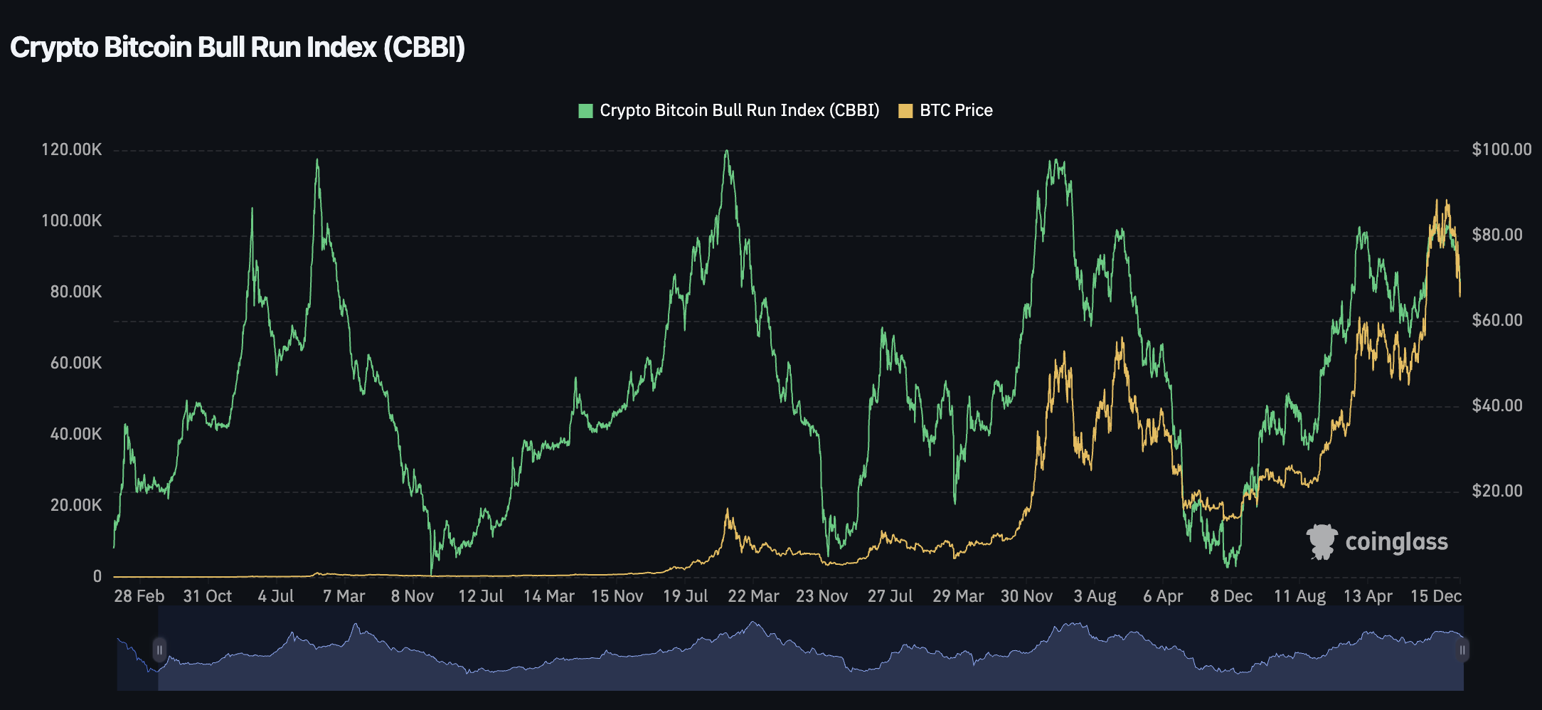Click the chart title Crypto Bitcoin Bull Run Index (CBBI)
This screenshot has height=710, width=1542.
[238, 48]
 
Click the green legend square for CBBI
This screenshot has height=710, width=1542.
[585, 111]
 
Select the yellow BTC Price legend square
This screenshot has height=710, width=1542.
[905, 111]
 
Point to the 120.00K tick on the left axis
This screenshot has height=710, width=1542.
[72, 149]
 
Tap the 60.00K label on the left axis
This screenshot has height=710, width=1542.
[75, 363]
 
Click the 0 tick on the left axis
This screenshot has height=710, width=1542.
[97, 576]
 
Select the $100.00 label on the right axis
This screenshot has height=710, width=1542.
[1501, 149]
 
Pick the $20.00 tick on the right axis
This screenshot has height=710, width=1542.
[1497, 491]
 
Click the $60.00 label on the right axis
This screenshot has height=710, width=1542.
[1497, 320]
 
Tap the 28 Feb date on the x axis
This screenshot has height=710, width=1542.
[139, 596]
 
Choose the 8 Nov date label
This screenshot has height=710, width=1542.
[412, 596]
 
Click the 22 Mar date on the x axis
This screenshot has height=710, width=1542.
[753, 596]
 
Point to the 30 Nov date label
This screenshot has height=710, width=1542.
[1026, 596]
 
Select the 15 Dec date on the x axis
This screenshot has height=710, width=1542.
[1436, 596]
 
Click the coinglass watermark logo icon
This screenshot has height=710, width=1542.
[1322, 542]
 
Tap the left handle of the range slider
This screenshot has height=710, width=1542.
[159, 650]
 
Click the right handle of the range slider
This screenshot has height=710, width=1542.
[1462, 650]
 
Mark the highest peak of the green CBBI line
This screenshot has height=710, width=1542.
[726, 151]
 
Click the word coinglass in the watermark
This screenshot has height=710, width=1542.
[1396, 542]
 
